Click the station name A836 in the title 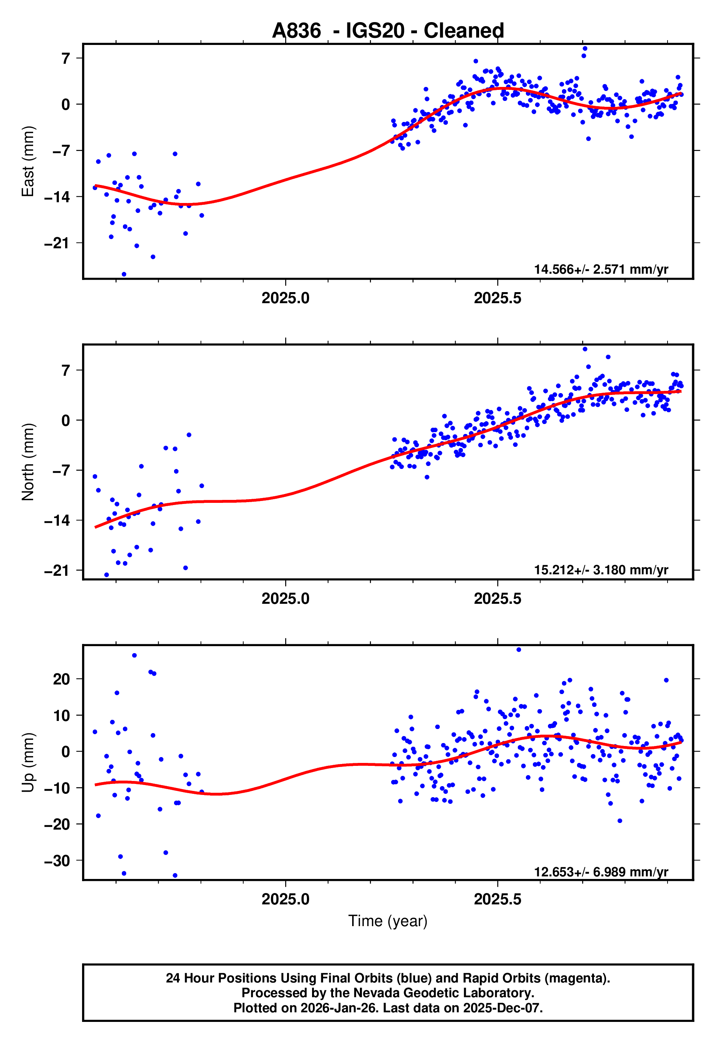pos(296,31)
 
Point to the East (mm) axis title pos(28,161)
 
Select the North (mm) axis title pos(28,462)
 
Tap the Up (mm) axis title pos(28,763)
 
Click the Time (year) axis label pos(388,921)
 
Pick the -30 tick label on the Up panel pos(57,861)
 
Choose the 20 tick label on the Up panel pos(61,679)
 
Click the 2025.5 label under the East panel pos(497,298)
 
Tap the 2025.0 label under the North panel pos(286,599)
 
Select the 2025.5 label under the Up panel pos(497,900)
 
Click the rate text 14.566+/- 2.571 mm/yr pos(601,269)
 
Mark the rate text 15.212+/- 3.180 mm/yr pos(601,570)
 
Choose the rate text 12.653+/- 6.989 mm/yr pos(601,872)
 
